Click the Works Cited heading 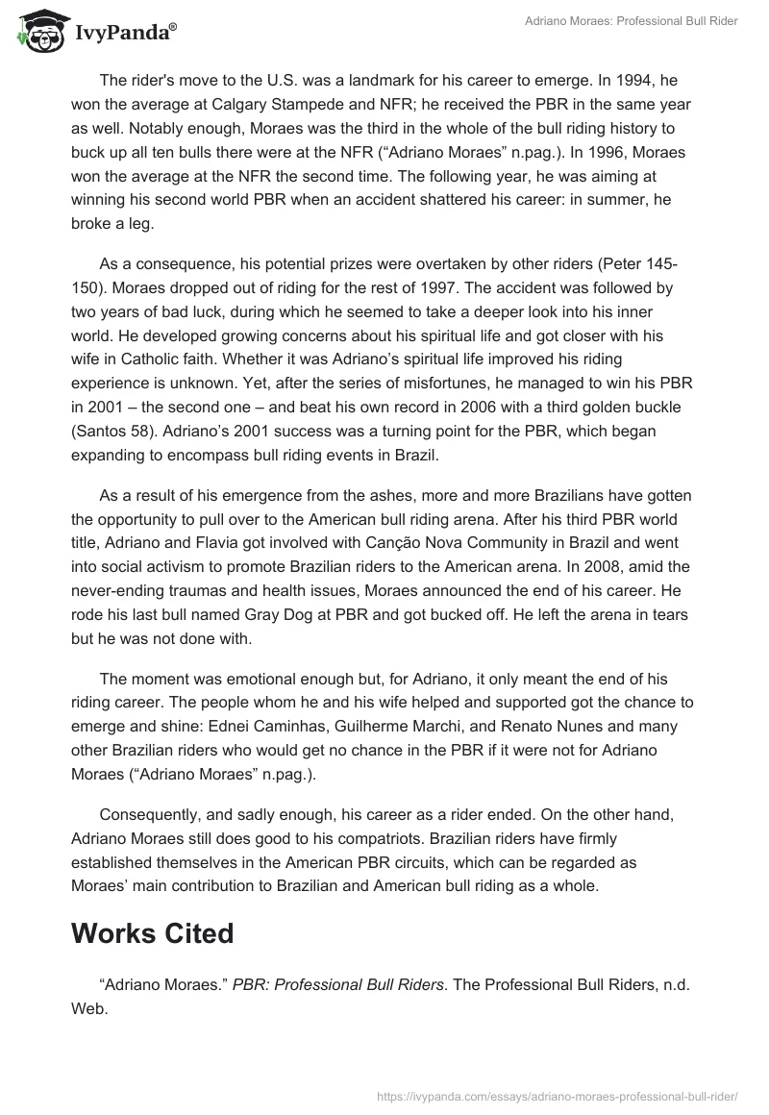(x=152, y=932)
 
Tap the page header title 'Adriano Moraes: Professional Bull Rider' (x=631, y=21)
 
